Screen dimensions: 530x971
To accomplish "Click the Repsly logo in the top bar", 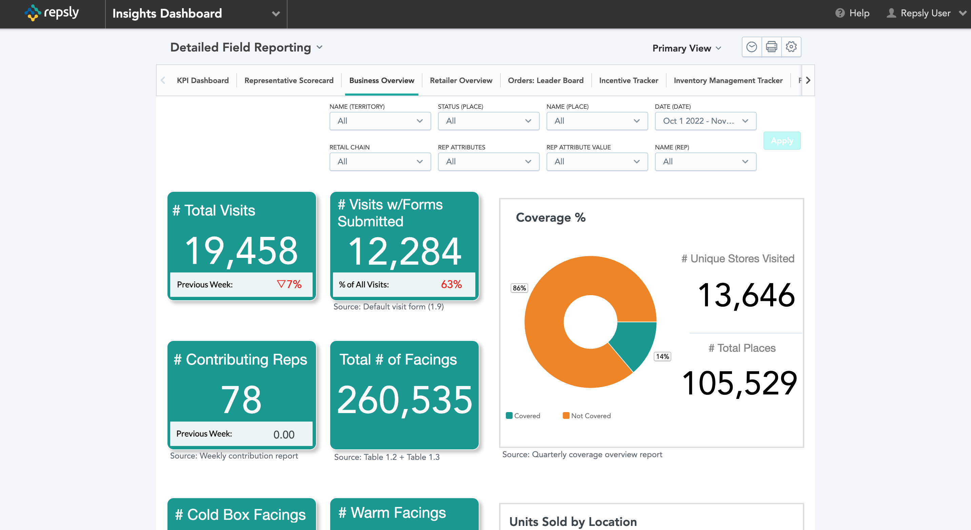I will point(52,13).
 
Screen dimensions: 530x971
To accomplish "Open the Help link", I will point(852,13).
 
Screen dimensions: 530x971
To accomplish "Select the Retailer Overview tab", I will point(461,81).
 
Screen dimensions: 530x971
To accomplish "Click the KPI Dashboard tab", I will point(203,81).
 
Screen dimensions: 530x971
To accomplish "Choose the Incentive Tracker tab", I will point(628,81).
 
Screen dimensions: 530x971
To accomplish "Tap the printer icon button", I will point(771,47).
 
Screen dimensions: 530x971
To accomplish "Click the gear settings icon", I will point(791,47).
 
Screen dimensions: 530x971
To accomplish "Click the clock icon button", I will point(752,47).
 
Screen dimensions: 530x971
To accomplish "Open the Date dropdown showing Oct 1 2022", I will point(705,121).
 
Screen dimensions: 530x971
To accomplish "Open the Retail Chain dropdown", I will point(380,162).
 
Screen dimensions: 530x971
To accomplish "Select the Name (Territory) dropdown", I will point(380,121).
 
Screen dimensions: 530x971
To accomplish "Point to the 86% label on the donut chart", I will point(519,288).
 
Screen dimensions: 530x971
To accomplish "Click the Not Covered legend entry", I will point(587,416).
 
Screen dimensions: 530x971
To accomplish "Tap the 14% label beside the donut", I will point(662,357).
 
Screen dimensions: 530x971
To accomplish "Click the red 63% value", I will point(451,284).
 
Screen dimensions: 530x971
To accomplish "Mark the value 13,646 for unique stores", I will point(746,295).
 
